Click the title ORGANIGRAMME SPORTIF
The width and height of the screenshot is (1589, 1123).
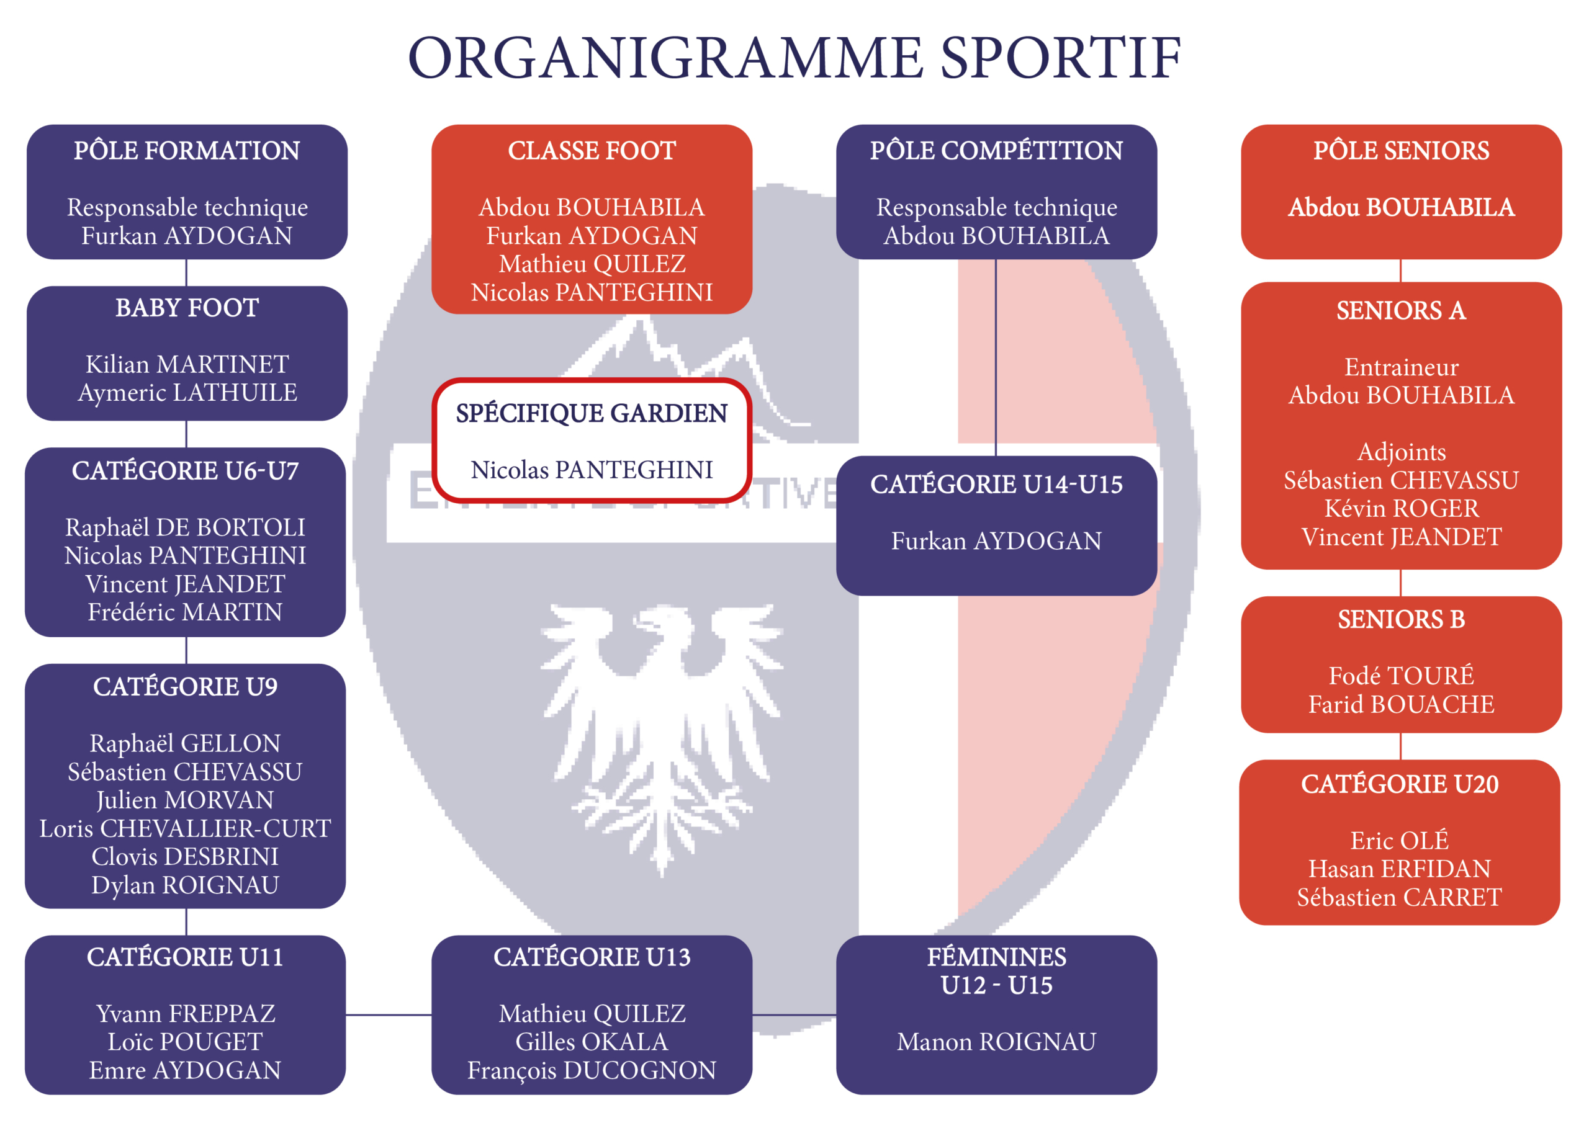[x=794, y=58]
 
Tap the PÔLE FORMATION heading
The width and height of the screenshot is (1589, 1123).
[x=187, y=150]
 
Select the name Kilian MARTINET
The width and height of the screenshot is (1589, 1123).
[x=187, y=364]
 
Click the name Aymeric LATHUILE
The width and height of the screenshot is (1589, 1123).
[x=187, y=392]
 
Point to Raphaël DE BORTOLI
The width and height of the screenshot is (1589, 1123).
[x=186, y=527]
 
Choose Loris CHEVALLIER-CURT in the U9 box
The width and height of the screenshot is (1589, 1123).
[x=186, y=828]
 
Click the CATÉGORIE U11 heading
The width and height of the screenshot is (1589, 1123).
[x=186, y=957]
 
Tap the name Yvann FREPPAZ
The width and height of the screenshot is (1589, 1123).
[x=186, y=1014]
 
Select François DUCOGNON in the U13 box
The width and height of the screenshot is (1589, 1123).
[x=592, y=1070]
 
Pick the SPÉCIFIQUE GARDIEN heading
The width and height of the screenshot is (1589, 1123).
[x=592, y=413]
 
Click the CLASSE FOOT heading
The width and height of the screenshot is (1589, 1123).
[x=592, y=150]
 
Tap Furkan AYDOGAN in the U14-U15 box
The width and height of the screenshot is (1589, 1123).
[x=997, y=541]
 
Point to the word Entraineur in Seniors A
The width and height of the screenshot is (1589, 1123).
[x=1402, y=367]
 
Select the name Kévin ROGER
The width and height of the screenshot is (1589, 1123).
[x=1402, y=509]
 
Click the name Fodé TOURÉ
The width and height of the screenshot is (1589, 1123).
[x=1402, y=675]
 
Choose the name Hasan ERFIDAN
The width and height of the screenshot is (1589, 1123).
[x=1399, y=869]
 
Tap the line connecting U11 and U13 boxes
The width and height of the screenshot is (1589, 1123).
[x=389, y=1015]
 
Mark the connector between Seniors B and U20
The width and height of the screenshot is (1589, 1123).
[x=1401, y=746]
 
